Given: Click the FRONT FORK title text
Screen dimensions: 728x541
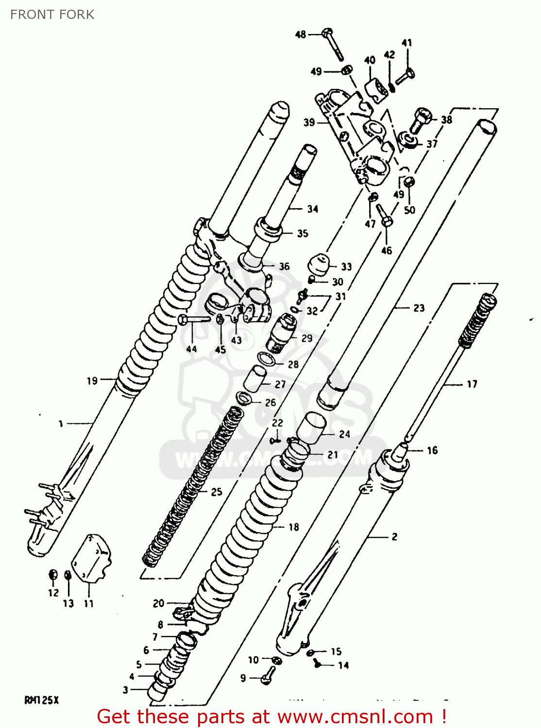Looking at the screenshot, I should (52, 15).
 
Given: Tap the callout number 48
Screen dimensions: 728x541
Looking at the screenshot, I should (301, 34).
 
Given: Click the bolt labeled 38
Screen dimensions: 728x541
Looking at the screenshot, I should (421, 120).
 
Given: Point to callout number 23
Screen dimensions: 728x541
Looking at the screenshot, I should (419, 308).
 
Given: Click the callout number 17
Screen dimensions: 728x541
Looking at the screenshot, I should (472, 384).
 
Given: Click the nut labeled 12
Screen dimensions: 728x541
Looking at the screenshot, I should (53, 575).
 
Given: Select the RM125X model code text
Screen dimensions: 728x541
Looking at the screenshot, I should (41, 700).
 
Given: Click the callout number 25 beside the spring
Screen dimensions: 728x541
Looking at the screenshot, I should (217, 492).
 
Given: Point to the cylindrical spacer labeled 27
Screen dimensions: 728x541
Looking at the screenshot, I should (255, 379).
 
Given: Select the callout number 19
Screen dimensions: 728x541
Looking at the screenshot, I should (92, 381).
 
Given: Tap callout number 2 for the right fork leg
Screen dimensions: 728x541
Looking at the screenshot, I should (394, 536).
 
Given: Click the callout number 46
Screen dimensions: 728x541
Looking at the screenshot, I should (387, 250).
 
